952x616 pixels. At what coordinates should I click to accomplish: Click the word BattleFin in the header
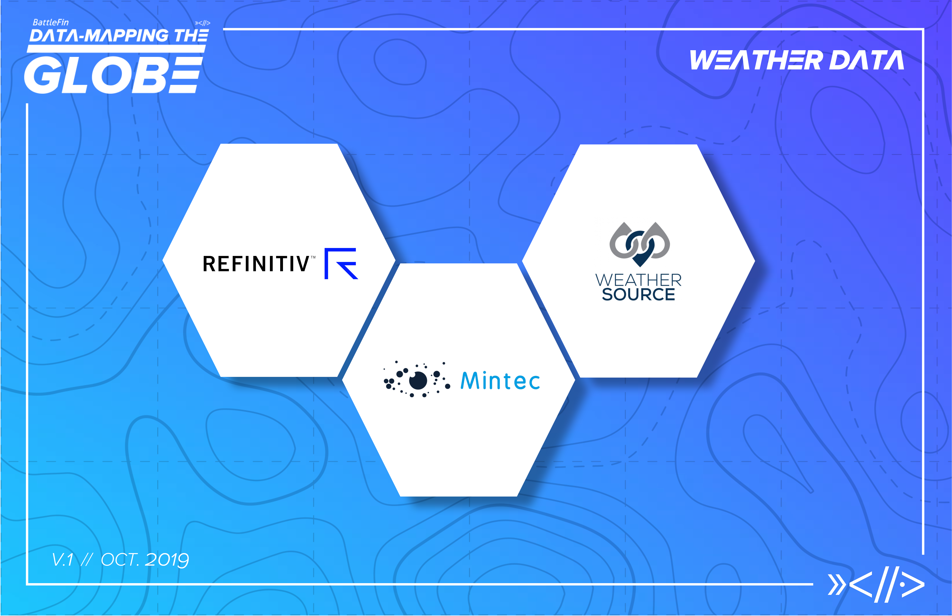pyautogui.click(x=51, y=22)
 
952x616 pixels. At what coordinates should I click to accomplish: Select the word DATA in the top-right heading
pyautogui.click(x=867, y=60)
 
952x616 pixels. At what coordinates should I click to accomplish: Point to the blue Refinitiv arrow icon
pyautogui.click(x=341, y=264)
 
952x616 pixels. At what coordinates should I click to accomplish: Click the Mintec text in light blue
pyautogui.click(x=500, y=381)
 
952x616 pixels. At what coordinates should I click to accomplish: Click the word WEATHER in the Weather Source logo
pyautogui.click(x=638, y=280)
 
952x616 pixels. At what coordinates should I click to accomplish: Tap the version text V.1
pyautogui.click(x=63, y=560)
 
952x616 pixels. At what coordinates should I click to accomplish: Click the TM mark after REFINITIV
pyautogui.click(x=313, y=257)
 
